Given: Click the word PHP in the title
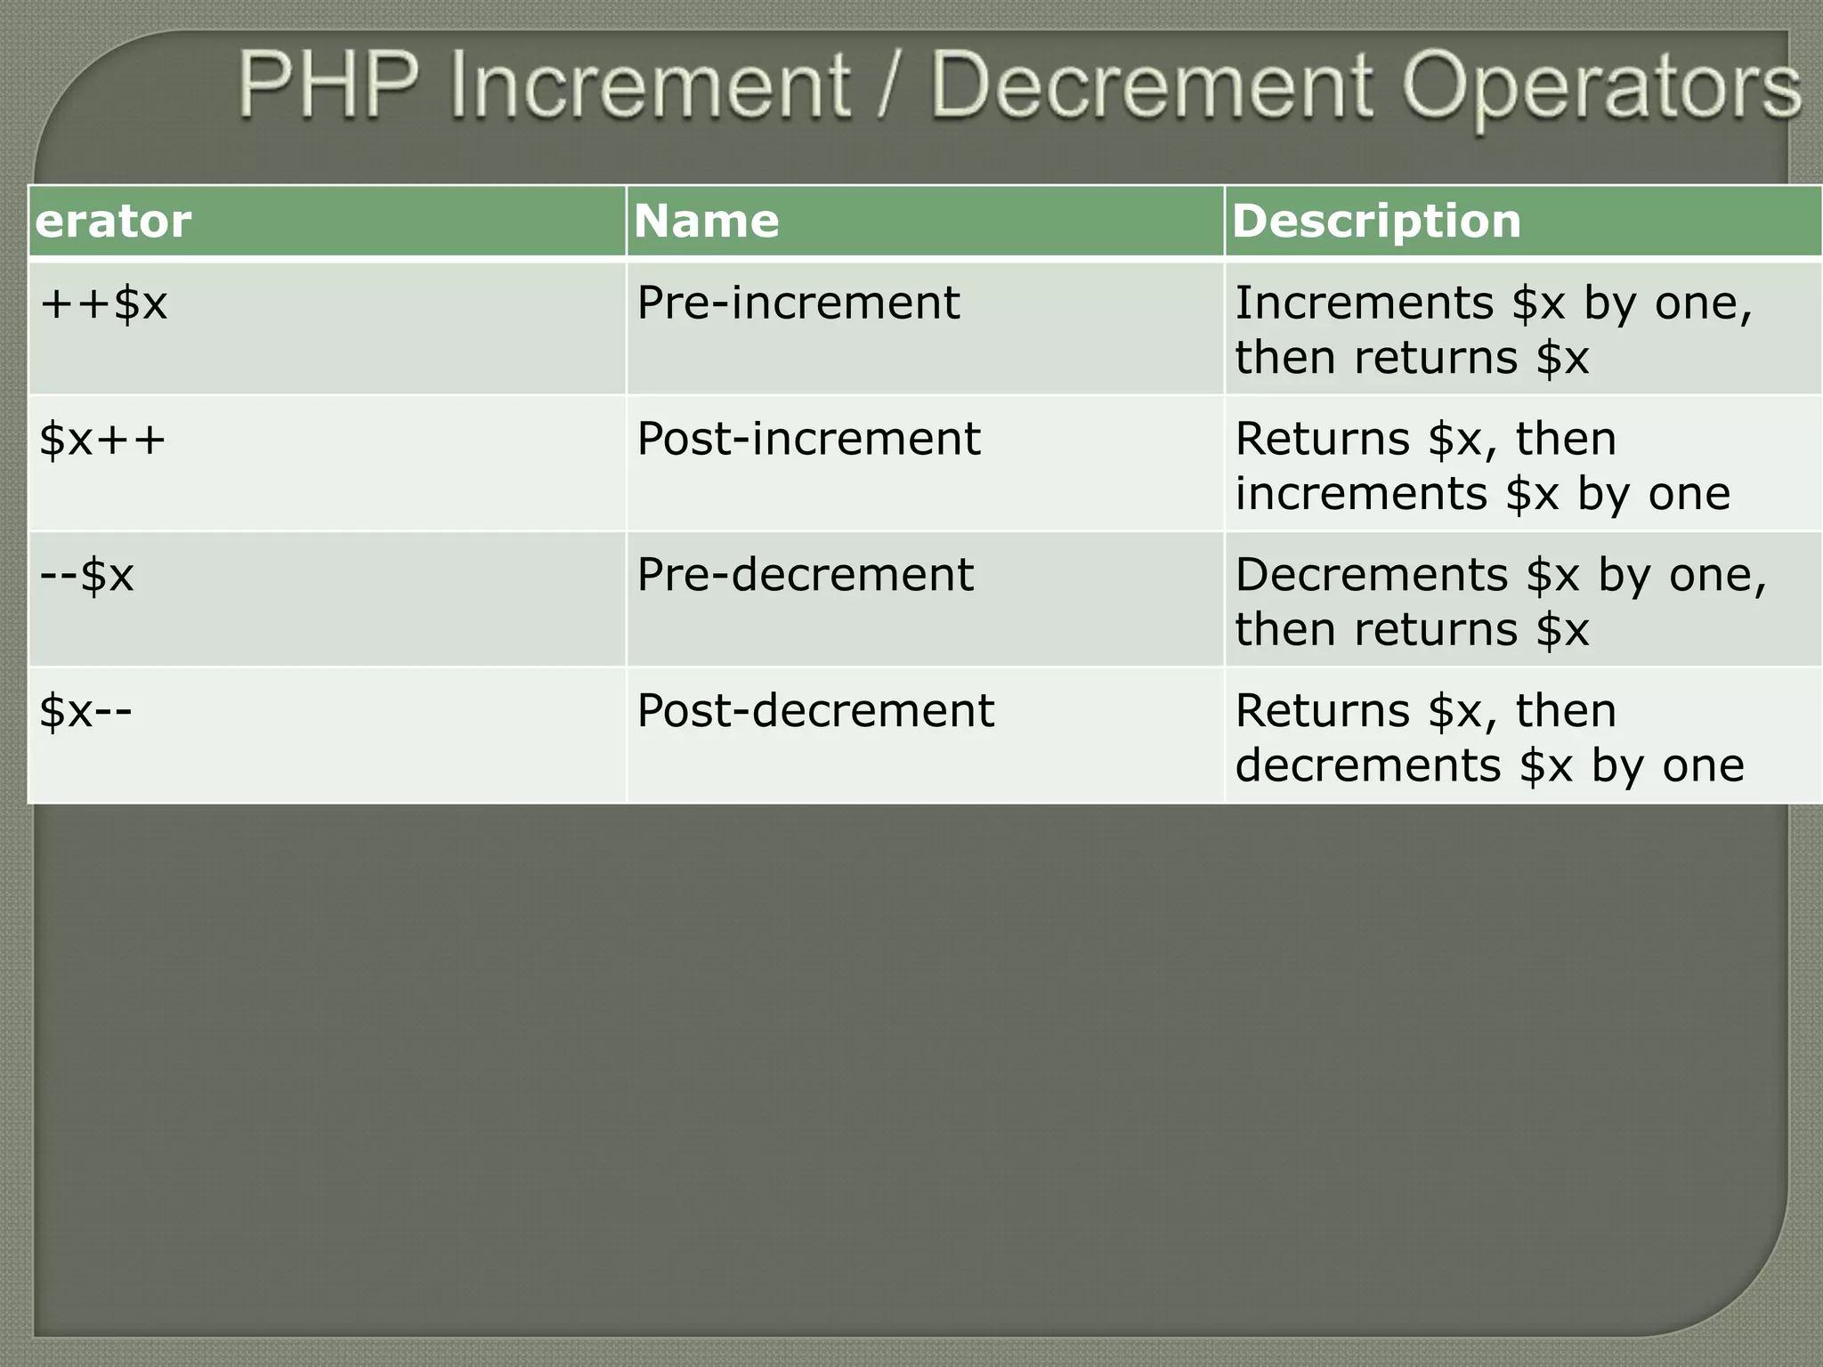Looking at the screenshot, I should click(328, 85).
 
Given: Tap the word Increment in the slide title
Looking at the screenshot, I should click(651, 85).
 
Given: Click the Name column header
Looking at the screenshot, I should click(706, 221).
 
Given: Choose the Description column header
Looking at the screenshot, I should click(1376, 221).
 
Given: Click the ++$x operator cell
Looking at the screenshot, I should click(103, 303).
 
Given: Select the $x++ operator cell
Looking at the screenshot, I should click(102, 440).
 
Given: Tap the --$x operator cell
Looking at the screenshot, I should click(86, 576).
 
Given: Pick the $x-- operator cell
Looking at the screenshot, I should click(85, 711).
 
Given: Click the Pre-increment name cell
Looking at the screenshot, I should click(798, 303).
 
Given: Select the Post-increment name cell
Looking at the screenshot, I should click(808, 440).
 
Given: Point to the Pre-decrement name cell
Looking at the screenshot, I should click(805, 576).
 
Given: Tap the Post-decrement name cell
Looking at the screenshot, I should click(815, 711).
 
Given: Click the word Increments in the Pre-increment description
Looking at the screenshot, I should click(1364, 303).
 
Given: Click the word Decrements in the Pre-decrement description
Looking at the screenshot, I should click(1371, 576).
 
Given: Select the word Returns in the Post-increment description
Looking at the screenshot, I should click(1322, 440).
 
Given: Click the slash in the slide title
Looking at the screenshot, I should click(890, 87).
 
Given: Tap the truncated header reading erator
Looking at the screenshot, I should click(113, 221).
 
